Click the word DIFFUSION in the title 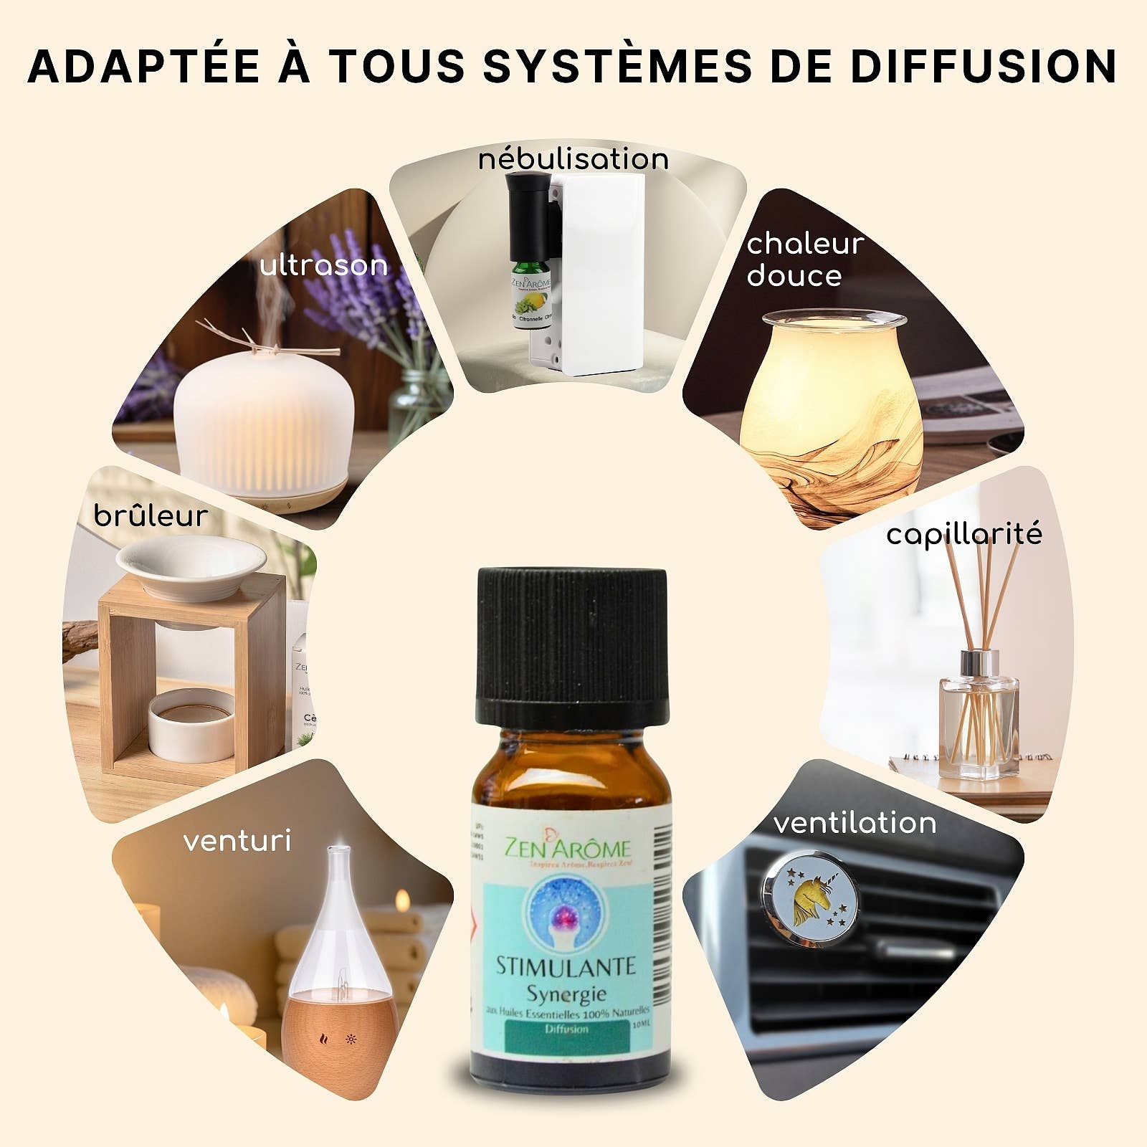985,67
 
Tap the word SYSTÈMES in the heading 617,67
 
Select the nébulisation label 573,158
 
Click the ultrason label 323,266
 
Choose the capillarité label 963,534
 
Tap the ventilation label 855,823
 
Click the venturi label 237,841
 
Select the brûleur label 151,516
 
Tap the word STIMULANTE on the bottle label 566,966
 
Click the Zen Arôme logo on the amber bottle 568,849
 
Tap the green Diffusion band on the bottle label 566,1031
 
